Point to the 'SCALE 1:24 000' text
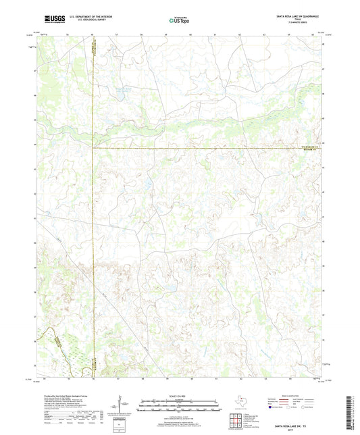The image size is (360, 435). pyautogui.click(x=178, y=396)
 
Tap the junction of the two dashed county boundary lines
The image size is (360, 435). pyautogui.click(x=93, y=148)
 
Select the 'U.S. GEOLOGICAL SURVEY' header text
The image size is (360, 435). pyautogui.click(x=84, y=21)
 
